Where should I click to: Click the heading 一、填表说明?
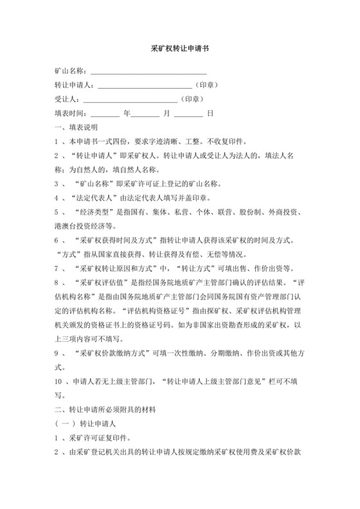coord(75,127)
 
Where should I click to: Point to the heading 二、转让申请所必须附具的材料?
coord(107,409)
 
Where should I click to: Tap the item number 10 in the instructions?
coord(59,381)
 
